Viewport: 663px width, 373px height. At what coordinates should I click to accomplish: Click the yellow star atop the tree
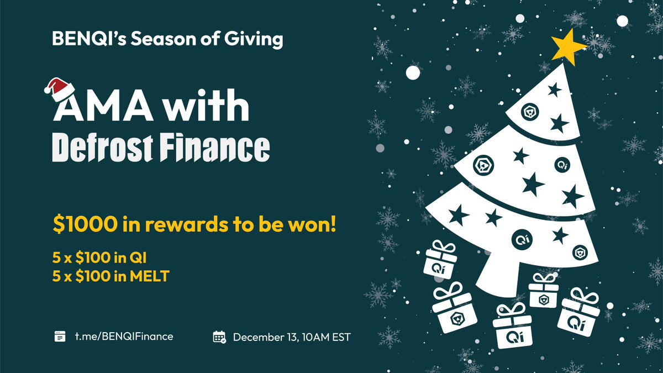coord(567,44)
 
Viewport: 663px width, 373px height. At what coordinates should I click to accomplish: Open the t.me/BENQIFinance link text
coord(124,336)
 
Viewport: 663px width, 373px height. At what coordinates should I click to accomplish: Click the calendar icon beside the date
coord(219,337)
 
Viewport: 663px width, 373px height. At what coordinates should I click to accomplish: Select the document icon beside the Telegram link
coord(60,336)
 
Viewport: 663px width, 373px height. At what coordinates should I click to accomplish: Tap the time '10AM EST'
coord(326,337)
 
